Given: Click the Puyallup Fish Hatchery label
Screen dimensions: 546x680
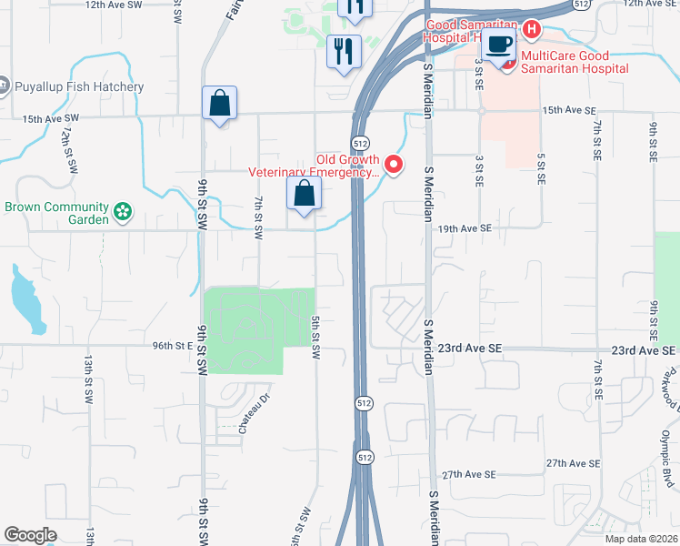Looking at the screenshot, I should (78, 87).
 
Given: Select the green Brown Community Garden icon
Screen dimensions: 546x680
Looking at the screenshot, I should (124, 214).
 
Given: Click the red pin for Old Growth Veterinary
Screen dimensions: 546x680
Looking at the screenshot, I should (394, 165).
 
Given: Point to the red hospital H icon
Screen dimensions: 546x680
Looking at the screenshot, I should (531, 30).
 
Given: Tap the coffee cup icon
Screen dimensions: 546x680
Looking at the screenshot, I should (498, 44).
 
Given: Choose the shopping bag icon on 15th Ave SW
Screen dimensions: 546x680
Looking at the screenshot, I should (220, 103).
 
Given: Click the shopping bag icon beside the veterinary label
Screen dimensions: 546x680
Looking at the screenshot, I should (304, 193).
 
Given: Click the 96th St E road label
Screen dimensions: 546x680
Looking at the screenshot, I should (173, 346).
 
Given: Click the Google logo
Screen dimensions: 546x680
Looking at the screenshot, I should (30, 535).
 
